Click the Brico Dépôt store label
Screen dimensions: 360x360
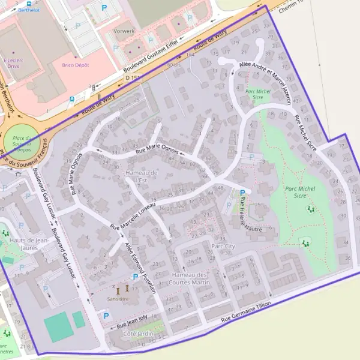[x=76, y=65]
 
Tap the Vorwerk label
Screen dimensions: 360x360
[x=124, y=30]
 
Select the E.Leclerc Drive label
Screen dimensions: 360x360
[x=13, y=63]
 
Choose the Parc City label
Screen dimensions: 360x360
[x=223, y=246]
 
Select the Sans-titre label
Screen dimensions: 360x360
[x=117, y=298]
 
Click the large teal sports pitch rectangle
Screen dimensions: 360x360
[x=58, y=327]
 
